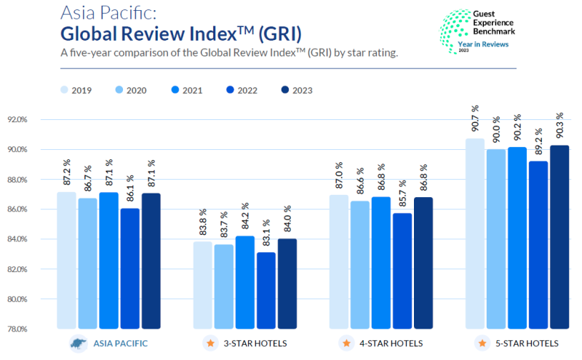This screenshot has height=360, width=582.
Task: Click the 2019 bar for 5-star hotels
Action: (x=475, y=233)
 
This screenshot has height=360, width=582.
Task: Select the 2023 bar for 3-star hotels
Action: (x=288, y=284)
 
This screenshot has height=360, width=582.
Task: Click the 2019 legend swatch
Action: (x=65, y=90)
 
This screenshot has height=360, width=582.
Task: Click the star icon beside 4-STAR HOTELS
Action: (x=346, y=343)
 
